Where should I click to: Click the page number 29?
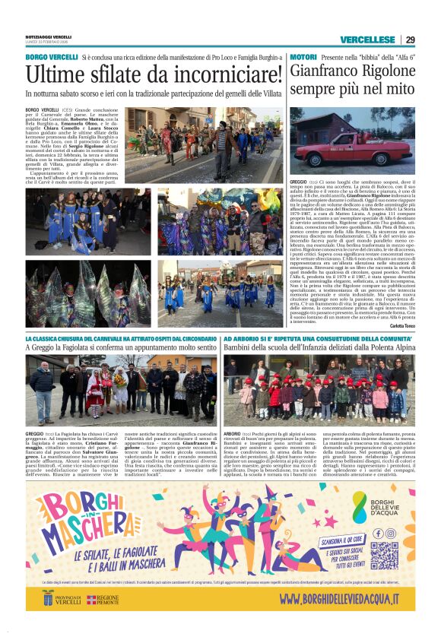coord(410,40)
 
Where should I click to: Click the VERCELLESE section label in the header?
coord(367,40)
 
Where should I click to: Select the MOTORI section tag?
coord(303,58)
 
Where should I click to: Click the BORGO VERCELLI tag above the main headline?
coord(51,58)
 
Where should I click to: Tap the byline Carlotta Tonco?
coord(400,325)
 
